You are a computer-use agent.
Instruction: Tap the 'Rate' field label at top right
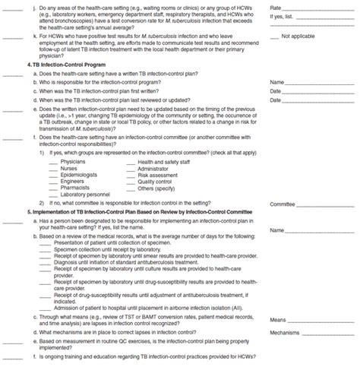coord(276,6)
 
